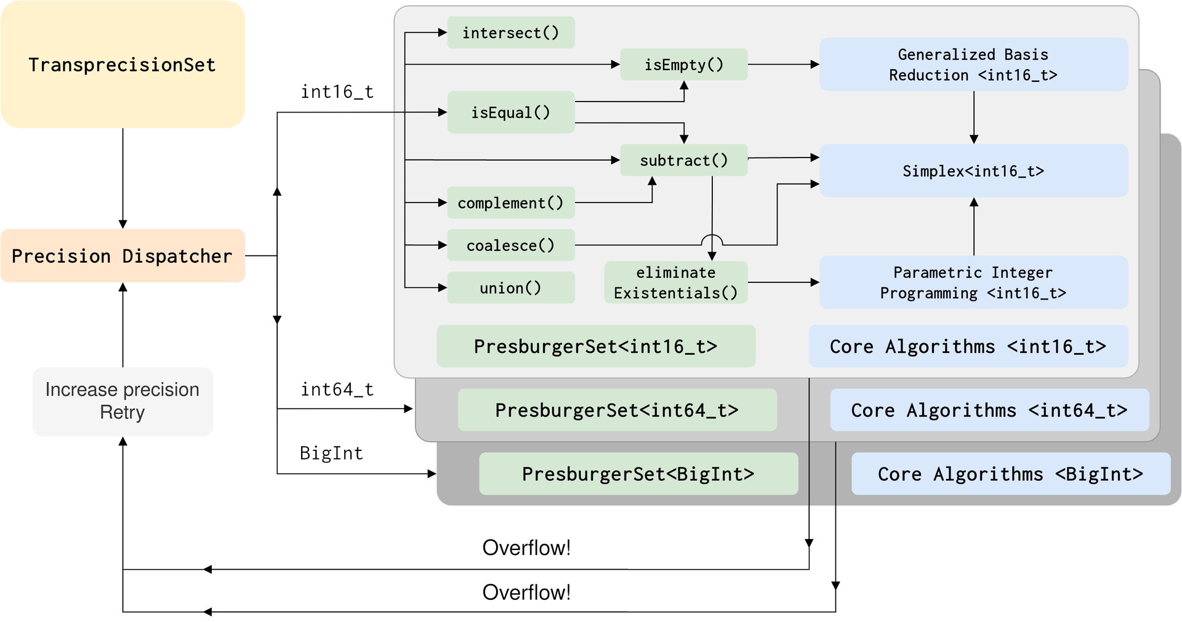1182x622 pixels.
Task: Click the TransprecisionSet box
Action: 123,65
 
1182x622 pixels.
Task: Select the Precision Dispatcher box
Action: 123,256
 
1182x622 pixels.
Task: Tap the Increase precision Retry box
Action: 123,401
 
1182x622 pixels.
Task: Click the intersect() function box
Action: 510,33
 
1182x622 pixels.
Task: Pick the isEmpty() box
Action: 683,65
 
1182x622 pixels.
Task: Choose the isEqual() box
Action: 510,113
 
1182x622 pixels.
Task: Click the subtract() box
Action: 683,161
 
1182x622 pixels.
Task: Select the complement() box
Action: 510,203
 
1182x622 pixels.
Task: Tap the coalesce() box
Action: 510,245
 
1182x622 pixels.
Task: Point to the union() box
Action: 510,288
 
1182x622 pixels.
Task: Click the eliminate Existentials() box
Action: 675,282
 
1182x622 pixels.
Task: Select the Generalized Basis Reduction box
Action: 973,65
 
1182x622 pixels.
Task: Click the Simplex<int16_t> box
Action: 973,171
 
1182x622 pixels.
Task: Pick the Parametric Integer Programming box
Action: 973,282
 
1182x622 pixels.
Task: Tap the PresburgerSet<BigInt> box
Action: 638,474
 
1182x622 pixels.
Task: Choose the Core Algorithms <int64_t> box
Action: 989,410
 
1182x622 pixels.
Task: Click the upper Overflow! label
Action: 526,548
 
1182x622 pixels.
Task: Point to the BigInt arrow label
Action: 331,453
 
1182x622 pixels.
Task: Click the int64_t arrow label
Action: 337,389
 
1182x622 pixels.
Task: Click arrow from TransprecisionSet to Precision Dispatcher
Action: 123,178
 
